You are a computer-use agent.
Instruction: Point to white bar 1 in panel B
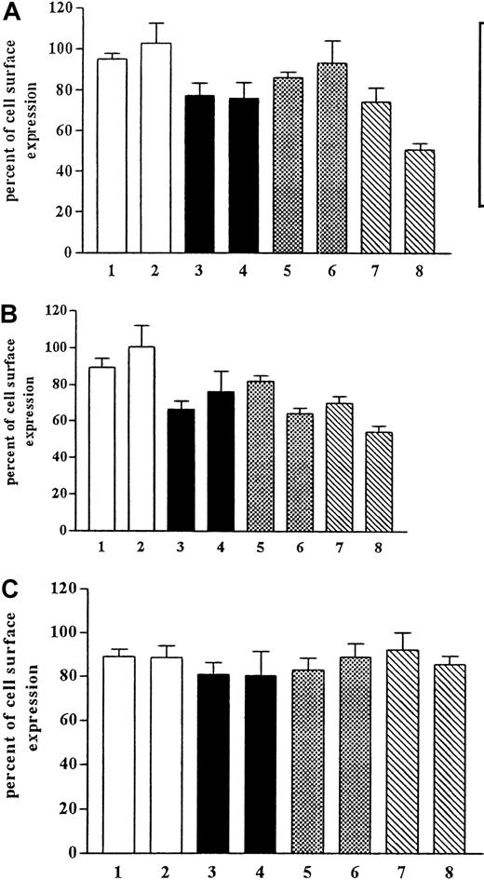[101, 449]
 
